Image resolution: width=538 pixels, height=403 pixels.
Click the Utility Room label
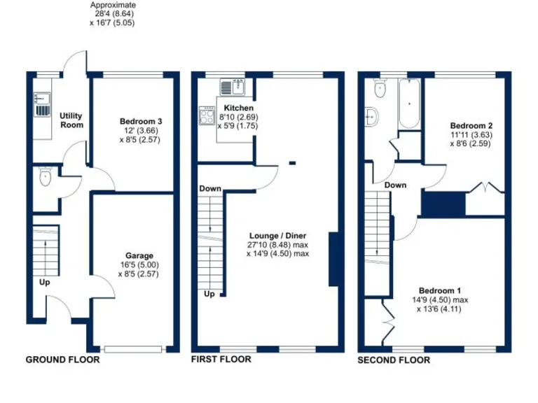tap(71, 120)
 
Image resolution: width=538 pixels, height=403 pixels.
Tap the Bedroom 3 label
tap(140, 121)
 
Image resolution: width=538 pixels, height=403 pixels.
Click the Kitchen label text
tap(238, 108)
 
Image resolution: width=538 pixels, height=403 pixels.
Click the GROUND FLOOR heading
tap(62, 360)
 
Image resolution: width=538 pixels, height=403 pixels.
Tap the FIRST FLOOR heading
tap(221, 360)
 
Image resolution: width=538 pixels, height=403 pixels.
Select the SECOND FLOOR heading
tap(394, 360)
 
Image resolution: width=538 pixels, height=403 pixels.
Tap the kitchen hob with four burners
tap(208, 115)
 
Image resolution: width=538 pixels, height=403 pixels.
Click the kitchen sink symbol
tap(231, 87)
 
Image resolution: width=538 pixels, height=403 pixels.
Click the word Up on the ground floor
tap(44, 283)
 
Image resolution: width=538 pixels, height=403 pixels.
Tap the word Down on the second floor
tap(395, 185)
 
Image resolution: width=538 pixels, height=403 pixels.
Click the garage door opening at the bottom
tap(134, 348)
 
